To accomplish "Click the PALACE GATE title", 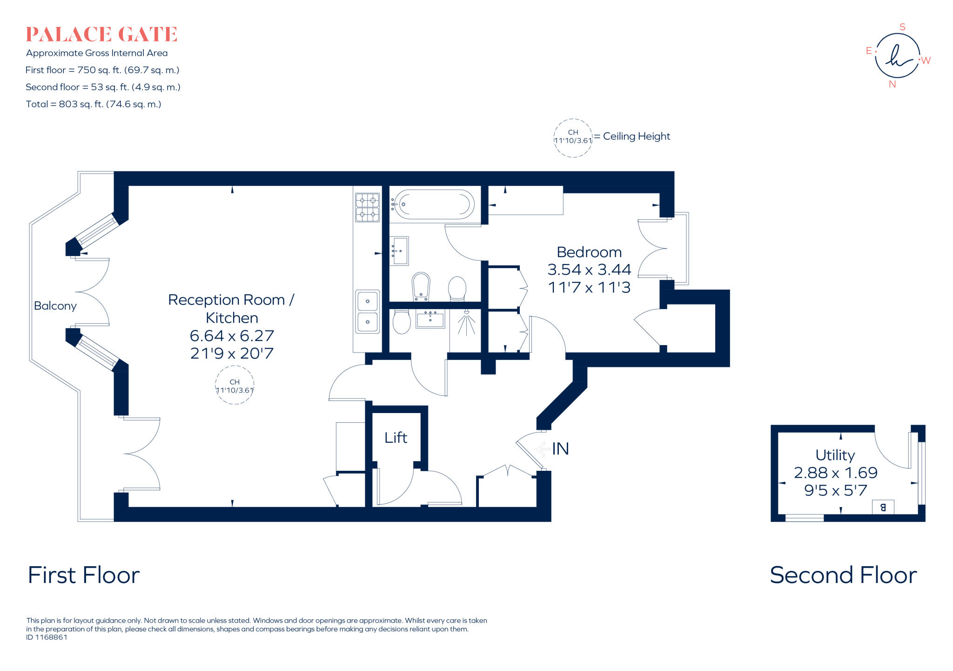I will point(101,34).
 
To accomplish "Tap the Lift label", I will point(396,438).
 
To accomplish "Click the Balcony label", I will point(55,306).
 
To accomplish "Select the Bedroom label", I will point(589,252).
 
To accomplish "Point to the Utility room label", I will point(835,455).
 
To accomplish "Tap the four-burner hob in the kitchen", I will point(367,207).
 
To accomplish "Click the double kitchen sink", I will point(367,312).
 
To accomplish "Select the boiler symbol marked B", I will point(883,507).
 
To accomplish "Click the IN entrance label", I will point(561,449).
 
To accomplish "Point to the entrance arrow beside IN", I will point(543,449).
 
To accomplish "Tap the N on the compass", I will point(892,84).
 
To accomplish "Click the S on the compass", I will point(902,27).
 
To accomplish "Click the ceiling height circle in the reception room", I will point(235,386).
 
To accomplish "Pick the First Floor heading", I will point(84,575).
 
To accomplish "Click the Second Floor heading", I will point(843,575).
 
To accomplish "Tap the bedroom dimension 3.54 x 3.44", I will point(589,270).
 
